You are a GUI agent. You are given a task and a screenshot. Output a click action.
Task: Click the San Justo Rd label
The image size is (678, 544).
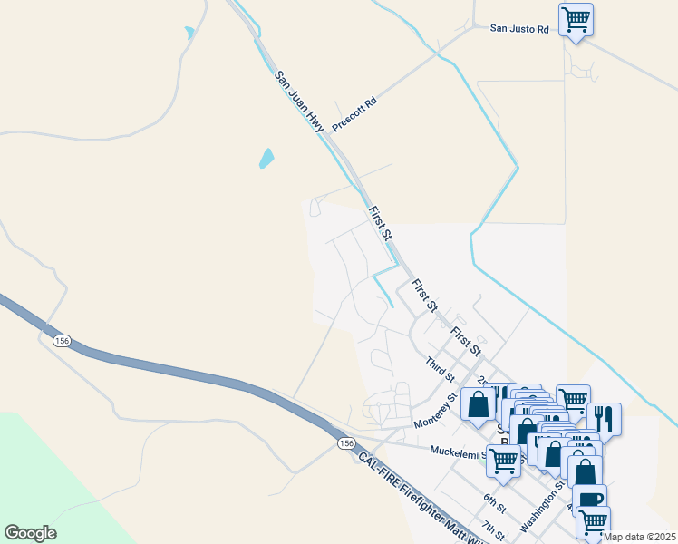(520, 29)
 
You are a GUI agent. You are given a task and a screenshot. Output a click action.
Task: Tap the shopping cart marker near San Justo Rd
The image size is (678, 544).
(576, 19)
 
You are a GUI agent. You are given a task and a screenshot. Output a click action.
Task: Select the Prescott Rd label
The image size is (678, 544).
(354, 113)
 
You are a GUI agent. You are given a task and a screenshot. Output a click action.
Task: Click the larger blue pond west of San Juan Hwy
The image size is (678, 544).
(266, 159)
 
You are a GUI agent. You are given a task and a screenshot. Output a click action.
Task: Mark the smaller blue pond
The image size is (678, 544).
(189, 34)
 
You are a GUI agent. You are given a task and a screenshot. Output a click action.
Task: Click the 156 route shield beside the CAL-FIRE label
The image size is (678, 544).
(344, 442)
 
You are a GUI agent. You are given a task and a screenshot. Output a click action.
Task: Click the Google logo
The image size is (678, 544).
(30, 533)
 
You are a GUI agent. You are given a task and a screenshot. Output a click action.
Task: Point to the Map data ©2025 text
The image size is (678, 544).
(639, 537)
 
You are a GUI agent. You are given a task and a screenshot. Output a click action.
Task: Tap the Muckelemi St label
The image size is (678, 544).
(463, 450)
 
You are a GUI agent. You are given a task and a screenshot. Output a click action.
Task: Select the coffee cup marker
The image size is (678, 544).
(589, 500)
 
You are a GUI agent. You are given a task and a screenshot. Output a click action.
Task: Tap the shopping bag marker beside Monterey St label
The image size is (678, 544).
(478, 403)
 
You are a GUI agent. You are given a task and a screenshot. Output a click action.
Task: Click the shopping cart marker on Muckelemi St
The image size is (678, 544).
(503, 460)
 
